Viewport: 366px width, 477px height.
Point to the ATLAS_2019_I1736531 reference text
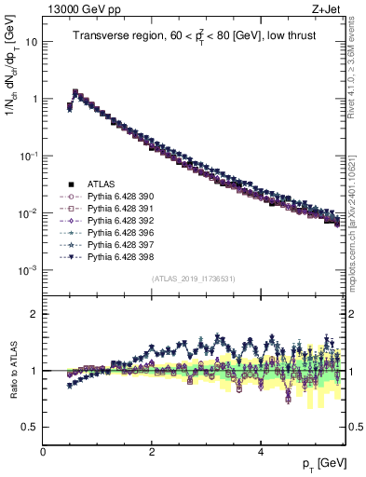195,279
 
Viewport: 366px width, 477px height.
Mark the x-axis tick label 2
152,450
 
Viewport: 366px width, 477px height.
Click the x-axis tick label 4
260,450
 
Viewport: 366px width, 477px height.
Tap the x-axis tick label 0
43,450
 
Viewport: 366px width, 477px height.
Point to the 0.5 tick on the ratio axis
30,427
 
